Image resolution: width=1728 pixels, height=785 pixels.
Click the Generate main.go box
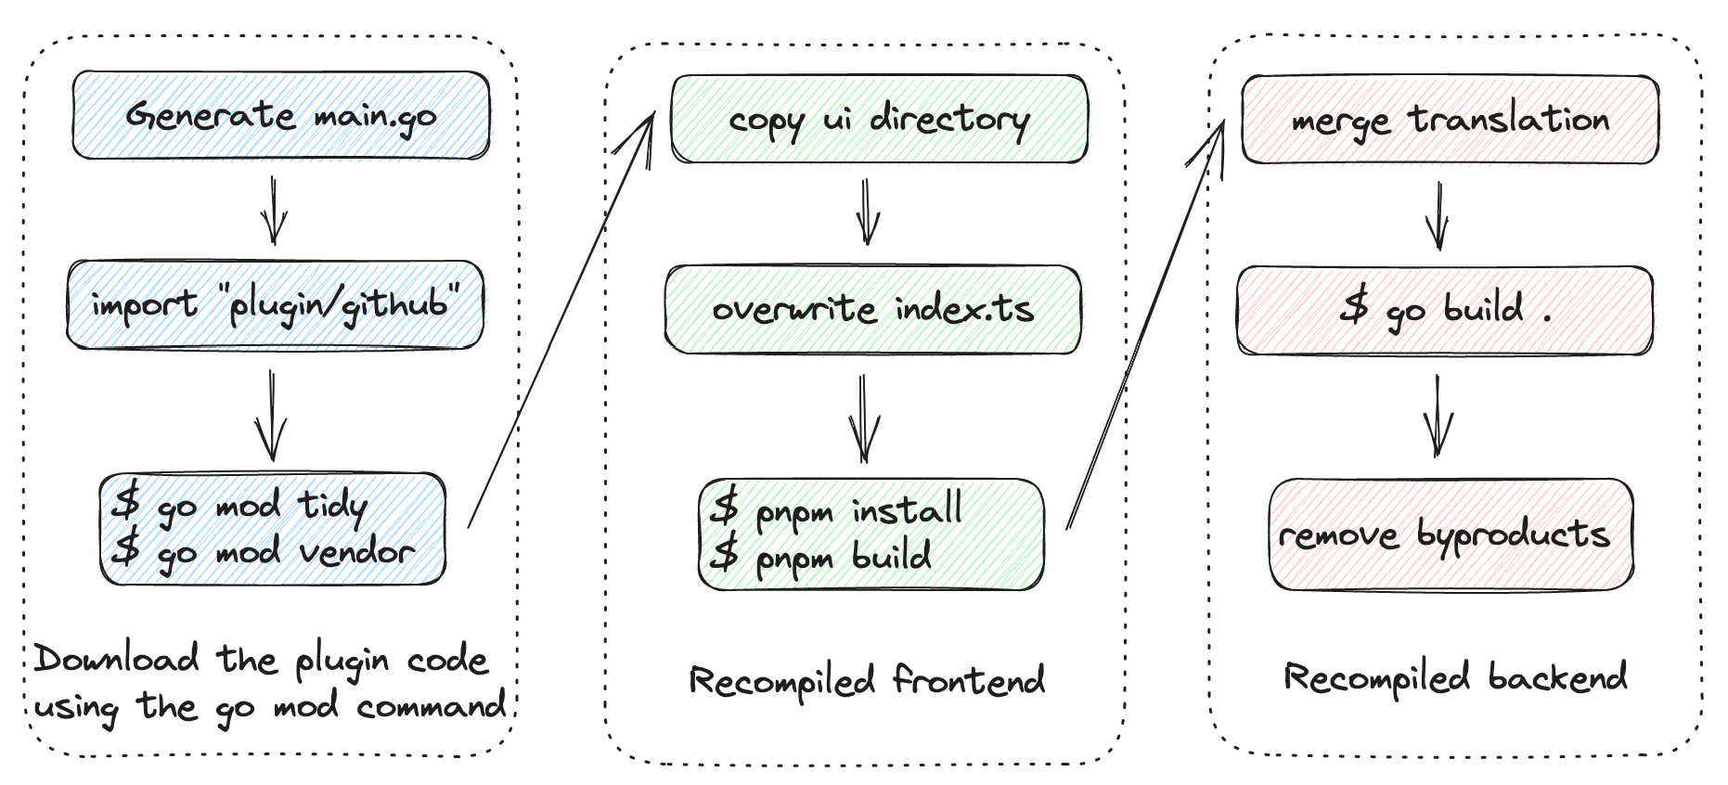[x=280, y=115]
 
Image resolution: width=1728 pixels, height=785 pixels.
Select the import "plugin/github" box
[x=275, y=305]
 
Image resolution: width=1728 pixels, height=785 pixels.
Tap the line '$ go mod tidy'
[x=239, y=506]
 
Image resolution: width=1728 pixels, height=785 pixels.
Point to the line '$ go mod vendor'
[x=262, y=553]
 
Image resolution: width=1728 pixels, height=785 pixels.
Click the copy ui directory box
[x=878, y=120]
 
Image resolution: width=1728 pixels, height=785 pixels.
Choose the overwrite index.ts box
[x=872, y=310]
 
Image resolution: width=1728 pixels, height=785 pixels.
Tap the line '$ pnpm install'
[x=836, y=510]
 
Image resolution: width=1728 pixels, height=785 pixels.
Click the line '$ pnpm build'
[x=820, y=558]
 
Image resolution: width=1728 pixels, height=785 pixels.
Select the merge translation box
[x=1450, y=121]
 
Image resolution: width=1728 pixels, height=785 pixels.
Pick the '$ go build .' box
[x=1444, y=310]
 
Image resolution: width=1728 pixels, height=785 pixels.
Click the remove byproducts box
[x=1450, y=535]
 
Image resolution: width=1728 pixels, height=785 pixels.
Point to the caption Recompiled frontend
[x=867, y=682]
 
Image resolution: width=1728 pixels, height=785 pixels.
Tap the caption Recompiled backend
[x=1454, y=678]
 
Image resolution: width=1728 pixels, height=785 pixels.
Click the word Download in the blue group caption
[x=117, y=660]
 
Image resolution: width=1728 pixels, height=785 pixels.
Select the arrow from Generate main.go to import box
[x=273, y=211]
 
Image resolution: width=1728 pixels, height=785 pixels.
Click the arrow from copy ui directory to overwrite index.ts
[x=867, y=212]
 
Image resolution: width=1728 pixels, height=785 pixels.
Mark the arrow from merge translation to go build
[x=1438, y=216]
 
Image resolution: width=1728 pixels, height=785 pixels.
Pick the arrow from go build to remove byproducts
[x=1438, y=417]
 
